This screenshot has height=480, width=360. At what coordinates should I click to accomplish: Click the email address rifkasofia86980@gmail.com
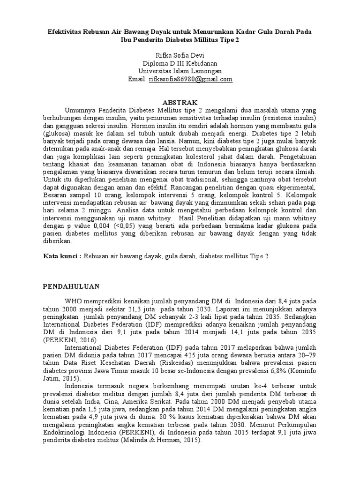tap(190, 79)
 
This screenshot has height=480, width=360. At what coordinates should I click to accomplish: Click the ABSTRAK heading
tap(180, 102)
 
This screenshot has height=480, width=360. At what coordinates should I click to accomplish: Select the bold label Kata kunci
tap(62, 256)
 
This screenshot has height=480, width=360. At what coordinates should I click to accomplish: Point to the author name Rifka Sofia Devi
tap(180, 55)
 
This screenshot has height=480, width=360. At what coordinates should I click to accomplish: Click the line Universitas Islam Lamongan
tap(180, 71)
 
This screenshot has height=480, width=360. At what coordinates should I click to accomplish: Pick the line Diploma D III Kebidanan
tap(180, 63)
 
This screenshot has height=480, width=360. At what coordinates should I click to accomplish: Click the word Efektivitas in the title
tap(67, 31)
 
